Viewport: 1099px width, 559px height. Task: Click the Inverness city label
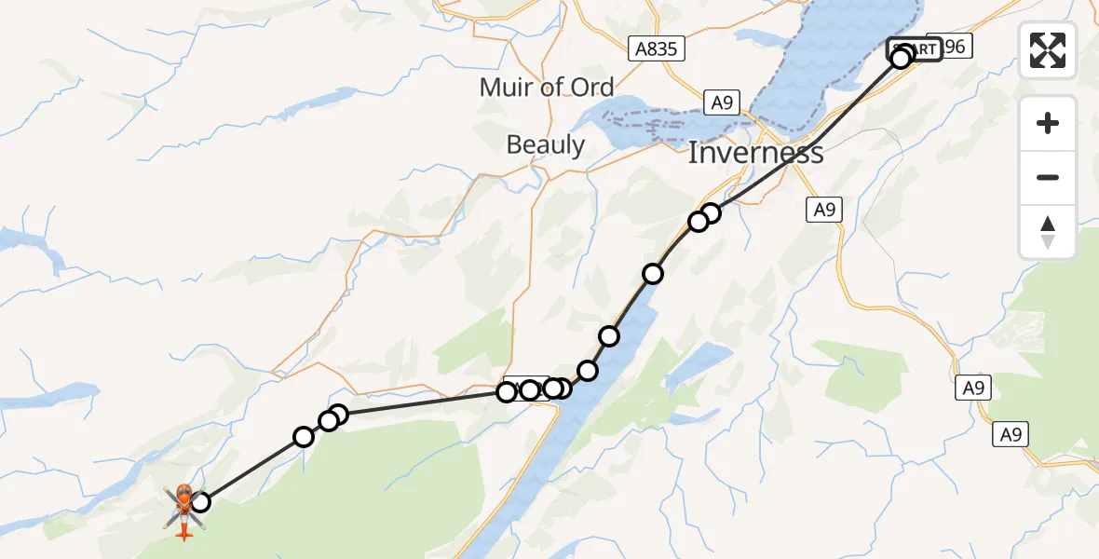(755, 153)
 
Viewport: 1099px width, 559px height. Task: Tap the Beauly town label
(545, 145)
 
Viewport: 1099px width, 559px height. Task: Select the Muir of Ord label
(547, 88)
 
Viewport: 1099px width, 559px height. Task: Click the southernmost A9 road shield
(1012, 433)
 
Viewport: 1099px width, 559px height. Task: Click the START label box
(915, 49)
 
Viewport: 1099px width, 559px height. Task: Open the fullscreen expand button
(1048, 50)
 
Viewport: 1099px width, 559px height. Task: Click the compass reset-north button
(1048, 232)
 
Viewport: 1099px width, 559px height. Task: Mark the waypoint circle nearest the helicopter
(199, 503)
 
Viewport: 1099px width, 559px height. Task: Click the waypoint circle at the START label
(901, 59)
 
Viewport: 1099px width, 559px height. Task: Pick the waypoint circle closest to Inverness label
(711, 213)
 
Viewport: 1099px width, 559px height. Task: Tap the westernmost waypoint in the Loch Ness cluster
(507, 392)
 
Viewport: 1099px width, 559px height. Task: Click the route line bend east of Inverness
(817, 143)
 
